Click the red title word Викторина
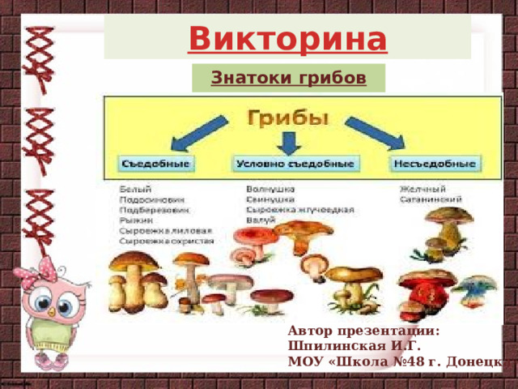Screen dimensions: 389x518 click(x=287, y=37)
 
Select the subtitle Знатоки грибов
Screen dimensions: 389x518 click(x=288, y=79)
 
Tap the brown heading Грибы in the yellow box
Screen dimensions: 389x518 click(x=288, y=118)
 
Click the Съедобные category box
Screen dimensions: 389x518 click(x=155, y=164)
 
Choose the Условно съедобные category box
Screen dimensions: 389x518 click(x=295, y=164)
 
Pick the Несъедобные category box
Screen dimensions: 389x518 click(x=435, y=164)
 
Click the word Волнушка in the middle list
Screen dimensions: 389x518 click(x=270, y=189)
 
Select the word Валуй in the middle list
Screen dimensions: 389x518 click(x=261, y=220)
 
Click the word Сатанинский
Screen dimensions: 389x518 click(x=430, y=199)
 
